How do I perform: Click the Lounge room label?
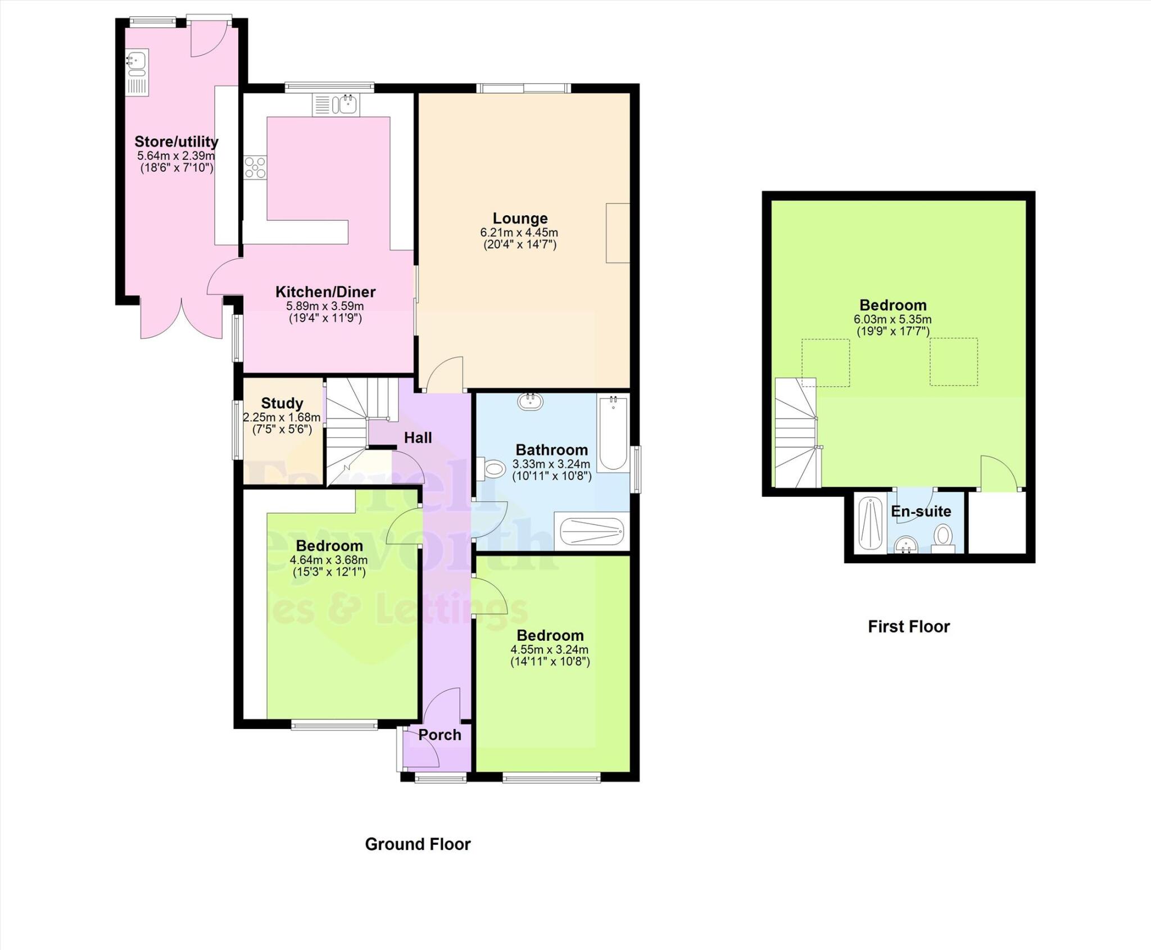[520, 218]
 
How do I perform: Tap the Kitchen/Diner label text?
[325, 292]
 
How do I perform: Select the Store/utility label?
[176, 142]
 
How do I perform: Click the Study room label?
[282, 403]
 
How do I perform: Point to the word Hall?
[418, 437]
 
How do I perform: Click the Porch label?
[439, 735]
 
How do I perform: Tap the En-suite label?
[921, 512]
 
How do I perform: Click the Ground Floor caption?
[418, 844]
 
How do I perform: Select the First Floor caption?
[908, 626]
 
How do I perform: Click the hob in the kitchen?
[255, 168]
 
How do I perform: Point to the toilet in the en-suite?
[942, 537]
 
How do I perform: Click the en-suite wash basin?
[905, 544]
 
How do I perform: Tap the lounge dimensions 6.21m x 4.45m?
[519, 232]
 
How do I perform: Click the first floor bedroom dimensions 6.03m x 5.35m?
[892, 319]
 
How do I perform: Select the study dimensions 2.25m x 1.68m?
[282, 417]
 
